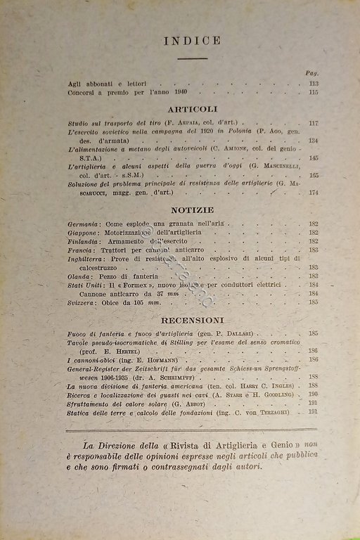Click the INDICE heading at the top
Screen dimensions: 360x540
pyautogui.click(x=192, y=41)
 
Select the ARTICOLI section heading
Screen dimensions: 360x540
pyautogui.click(x=193, y=109)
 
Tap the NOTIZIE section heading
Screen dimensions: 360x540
pyautogui.click(x=193, y=210)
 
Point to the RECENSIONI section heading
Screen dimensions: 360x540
pyautogui.click(x=192, y=319)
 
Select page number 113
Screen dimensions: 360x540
pyautogui.click(x=313, y=84)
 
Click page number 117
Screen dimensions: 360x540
pyautogui.click(x=313, y=123)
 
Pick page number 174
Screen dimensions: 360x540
pyautogui.click(x=313, y=192)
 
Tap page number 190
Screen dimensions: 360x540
pyautogui.click(x=313, y=394)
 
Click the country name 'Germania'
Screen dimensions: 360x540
pyautogui.click(x=84, y=223)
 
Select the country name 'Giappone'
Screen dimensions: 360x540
pyautogui.click(x=84, y=232)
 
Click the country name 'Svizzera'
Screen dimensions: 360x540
pyautogui.click(x=83, y=302)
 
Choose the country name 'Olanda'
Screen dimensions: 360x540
pyautogui.click(x=79, y=276)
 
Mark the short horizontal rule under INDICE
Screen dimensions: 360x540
pyautogui.click(x=192, y=58)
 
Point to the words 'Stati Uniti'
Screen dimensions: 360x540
pyautogui.click(x=86, y=285)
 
